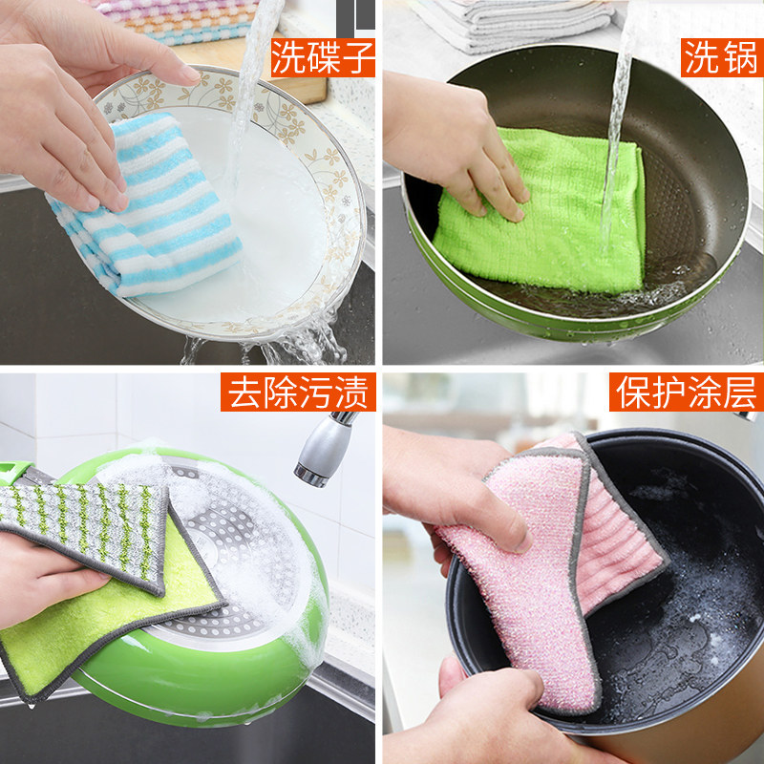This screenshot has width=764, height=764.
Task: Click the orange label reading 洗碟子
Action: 323,57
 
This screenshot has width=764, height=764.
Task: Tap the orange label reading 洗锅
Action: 722,57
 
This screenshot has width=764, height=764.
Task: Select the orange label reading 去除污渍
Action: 298,392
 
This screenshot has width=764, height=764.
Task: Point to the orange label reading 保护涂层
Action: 686,392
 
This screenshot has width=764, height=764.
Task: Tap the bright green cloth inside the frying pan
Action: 541,212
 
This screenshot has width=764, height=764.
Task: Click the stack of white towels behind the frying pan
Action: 512,25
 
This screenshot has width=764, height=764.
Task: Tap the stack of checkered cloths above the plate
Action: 176,20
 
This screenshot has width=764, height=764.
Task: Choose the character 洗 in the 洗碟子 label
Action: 288,57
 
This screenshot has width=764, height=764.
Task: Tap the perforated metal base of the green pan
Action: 229,551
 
